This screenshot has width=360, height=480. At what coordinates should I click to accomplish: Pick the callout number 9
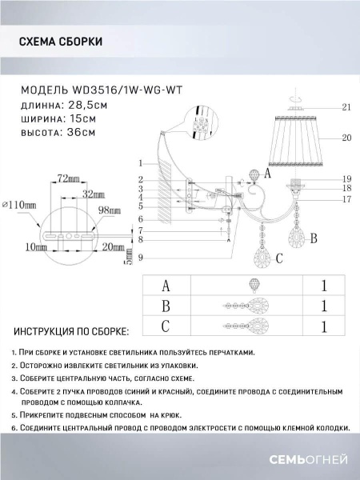tap(140, 257)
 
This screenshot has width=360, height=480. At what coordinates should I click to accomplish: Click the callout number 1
tap(140, 162)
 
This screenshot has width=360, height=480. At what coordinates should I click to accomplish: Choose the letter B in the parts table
tap(166, 306)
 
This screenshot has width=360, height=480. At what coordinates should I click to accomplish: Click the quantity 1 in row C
tap(323, 326)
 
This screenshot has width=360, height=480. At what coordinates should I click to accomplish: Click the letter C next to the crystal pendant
tap(278, 258)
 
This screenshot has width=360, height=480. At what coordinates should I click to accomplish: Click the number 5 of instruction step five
tap(14, 416)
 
